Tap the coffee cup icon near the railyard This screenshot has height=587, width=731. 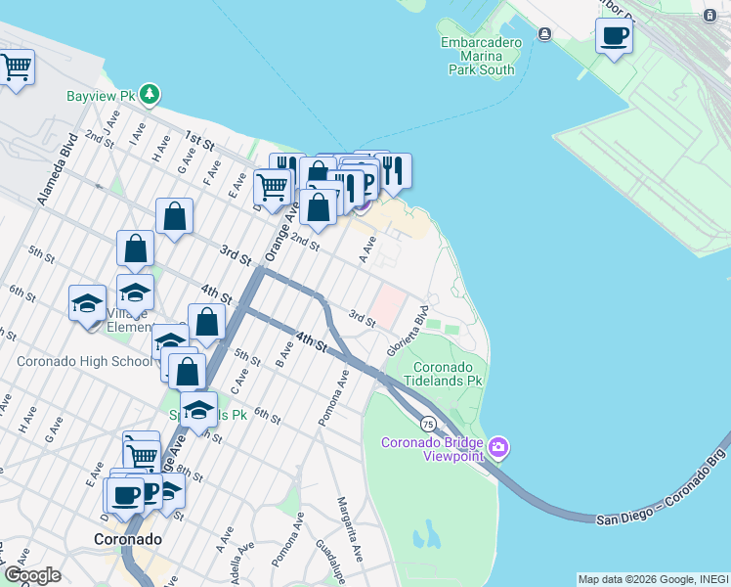tap(613, 37)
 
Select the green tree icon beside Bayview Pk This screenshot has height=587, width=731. tap(150, 95)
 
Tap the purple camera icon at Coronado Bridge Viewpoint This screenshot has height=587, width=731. tap(499, 448)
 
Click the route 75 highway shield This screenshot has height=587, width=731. tap(428, 424)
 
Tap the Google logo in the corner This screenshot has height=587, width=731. tap(32, 575)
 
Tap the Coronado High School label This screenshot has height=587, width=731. tap(84, 361)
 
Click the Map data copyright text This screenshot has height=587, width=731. tap(653, 579)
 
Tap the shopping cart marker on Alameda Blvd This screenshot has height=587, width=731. tap(15, 68)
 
